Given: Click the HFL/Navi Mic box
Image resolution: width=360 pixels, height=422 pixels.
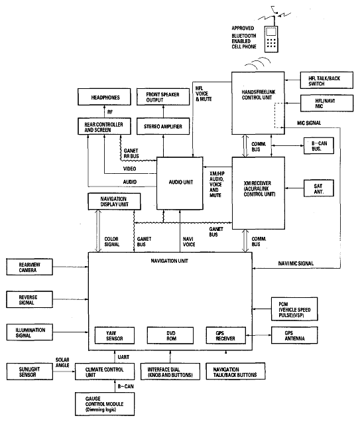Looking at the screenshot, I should pos(320,103).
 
